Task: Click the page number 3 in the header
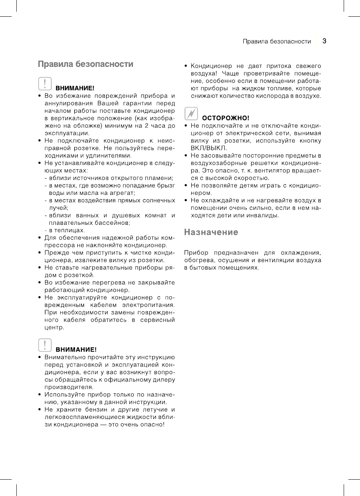coord(324,41)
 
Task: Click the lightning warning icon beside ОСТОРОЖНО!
coord(191,113)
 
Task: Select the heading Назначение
coord(211,232)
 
